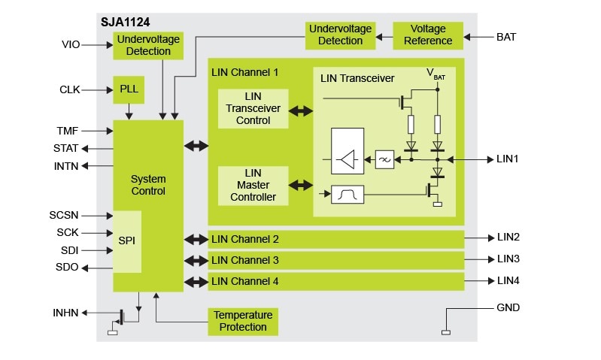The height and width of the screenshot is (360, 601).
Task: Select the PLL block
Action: [x=127, y=89]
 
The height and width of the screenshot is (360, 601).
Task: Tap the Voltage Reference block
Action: [x=427, y=35]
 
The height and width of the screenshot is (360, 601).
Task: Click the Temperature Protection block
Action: [x=243, y=321]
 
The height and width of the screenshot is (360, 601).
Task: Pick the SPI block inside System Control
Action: [x=127, y=241]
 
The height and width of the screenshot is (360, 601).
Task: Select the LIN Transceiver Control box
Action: [x=253, y=109]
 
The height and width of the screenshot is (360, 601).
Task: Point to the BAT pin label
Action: [x=506, y=36]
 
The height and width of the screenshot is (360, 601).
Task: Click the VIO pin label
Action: [x=71, y=45]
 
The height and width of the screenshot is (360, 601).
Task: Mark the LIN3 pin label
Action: [x=508, y=259]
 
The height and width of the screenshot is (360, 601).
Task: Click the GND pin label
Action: [x=508, y=308]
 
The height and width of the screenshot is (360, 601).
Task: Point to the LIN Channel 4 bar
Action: [x=335, y=282]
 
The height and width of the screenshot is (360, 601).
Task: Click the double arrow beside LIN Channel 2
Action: [x=196, y=240]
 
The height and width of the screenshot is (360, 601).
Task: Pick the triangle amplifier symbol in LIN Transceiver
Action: [x=348, y=159]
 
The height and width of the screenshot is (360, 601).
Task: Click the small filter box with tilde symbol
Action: [x=384, y=159]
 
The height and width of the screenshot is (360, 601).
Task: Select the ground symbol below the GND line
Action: [x=445, y=332]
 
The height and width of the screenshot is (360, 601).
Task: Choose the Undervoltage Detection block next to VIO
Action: [x=148, y=46]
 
